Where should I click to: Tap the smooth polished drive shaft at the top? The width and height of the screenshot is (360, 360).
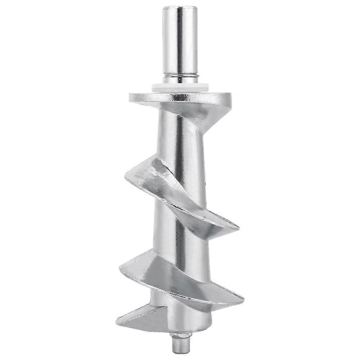coord(180,43)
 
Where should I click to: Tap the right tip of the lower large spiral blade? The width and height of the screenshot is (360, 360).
coord(242,297)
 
